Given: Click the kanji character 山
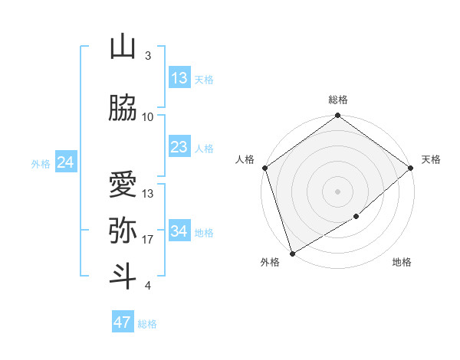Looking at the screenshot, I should click(x=123, y=47).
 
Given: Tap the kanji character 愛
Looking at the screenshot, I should click(x=123, y=185).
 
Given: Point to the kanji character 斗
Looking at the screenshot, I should click(x=123, y=277).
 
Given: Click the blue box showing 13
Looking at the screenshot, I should click(x=179, y=78).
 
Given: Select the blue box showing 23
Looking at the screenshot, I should click(x=179, y=147).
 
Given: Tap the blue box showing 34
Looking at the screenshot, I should click(x=179, y=231).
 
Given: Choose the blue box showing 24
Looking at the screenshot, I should click(x=65, y=162).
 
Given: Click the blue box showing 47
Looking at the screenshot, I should click(x=123, y=322).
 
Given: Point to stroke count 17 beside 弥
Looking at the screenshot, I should click(x=148, y=240).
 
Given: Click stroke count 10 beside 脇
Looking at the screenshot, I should click(x=148, y=117).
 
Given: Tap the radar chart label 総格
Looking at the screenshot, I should click(x=337, y=100).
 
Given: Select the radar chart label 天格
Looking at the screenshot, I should click(x=431, y=159).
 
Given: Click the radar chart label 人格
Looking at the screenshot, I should click(x=245, y=159).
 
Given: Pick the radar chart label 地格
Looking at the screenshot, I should click(x=402, y=263).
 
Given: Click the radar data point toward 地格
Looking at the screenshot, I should click(x=356, y=218).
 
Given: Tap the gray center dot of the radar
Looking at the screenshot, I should click(x=337, y=191).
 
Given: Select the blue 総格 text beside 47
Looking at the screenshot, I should click(x=147, y=324).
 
